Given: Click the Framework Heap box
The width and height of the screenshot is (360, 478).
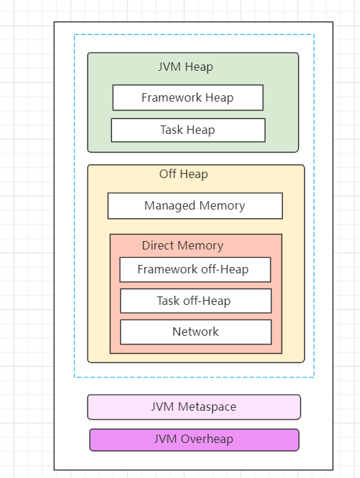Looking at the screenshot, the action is (x=188, y=97).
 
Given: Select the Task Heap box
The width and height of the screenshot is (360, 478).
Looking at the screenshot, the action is (x=188, y=130).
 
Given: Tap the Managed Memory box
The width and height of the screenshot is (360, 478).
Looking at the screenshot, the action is (x=195, y=206).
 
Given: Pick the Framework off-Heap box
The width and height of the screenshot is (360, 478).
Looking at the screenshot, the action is (x=195, y=269).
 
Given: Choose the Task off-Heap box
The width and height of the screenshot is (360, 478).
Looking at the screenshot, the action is (x=196, y=301).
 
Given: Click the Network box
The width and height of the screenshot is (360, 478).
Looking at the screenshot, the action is (x=196, y=332).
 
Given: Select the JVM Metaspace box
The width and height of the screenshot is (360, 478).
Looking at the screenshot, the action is (x=194, y=407).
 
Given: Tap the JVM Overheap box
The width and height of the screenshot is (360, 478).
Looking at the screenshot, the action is (x=194, y=439).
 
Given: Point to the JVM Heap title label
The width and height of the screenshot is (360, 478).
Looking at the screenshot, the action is (x=186, y=67).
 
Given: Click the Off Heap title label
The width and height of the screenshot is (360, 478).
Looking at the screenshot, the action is (x=184, y=174).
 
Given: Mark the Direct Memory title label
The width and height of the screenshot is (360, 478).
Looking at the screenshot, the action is (x=183, y=245).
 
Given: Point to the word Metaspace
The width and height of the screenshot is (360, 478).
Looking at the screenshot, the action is (x=207, y=407).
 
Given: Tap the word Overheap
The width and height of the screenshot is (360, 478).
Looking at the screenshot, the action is (x=207, y=439).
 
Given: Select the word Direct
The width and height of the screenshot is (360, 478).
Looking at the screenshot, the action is (x=158, y=245).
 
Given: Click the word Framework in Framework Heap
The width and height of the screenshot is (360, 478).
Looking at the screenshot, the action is (x=172, y=97).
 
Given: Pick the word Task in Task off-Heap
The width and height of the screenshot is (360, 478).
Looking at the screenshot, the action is (x=168, y=301).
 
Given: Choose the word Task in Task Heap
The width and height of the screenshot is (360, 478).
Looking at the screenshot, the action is (x=172, y=130).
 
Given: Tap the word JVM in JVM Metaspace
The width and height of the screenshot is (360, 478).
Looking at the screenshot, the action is (x=162, y=407).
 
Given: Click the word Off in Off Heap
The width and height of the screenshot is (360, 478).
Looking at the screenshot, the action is (x=168, y=174).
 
